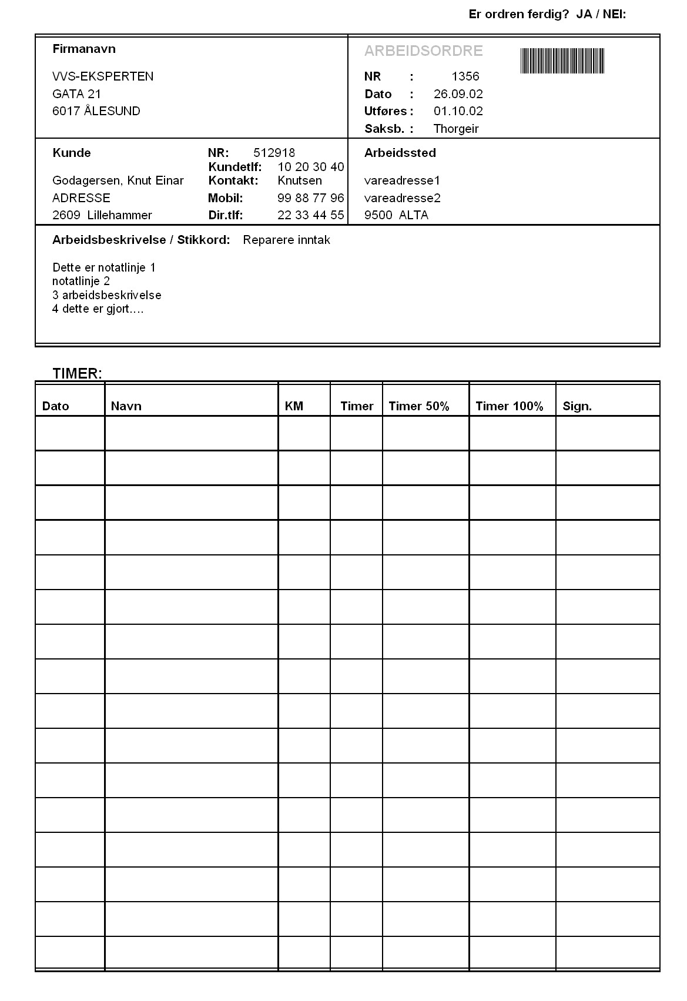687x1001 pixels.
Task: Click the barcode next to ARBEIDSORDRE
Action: (x=562, y=61)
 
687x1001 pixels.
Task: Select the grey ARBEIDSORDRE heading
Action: (x=423, y=51)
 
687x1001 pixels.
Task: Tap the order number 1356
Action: (x=465, y=76)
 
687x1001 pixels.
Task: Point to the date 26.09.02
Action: (x=458, y=94)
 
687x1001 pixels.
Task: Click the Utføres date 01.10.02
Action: (x=458, y=111)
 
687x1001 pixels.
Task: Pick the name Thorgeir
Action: (x=455, y=129)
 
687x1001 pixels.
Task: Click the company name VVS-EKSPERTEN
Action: (x=103, y=76)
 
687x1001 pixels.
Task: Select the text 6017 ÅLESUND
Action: (x=96, y=111)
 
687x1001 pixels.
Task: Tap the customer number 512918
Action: (x=274, y=153)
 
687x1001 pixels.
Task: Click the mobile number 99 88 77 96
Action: (x=310, y=198)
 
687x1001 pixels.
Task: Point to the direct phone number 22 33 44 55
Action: (x=310, y=215)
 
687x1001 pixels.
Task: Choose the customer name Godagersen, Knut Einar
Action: (x=118, y=180)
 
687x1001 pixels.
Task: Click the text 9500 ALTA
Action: (x=396, y=215)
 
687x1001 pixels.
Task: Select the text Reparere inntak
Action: (x=286, y=240)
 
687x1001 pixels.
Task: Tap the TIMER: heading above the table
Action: (x=77, y=373)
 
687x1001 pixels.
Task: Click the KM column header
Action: (x=294, y=406)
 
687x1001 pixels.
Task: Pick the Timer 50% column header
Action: (x=418, y=406)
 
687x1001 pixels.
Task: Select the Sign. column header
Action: (x=577, y=406)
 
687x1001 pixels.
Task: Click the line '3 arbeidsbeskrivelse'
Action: (x=106, y=295)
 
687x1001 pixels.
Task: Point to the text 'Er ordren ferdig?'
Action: (x=519, y=14)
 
